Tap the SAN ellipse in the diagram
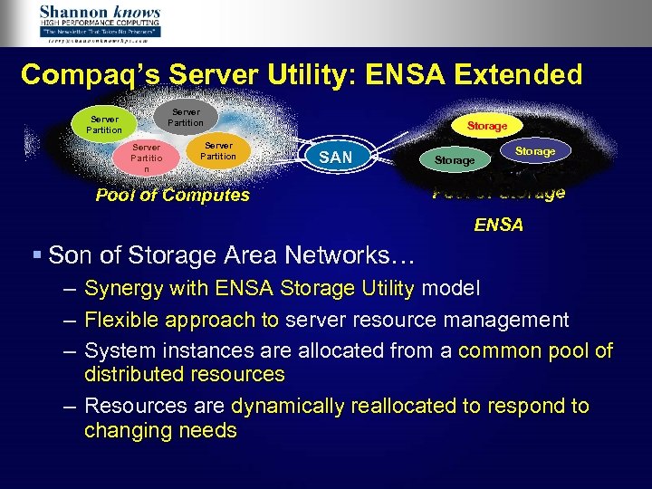pyautogui.click(x=336, y=158)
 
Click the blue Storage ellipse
pyautogui.click(x=535, y=151)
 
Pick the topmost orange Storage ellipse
pyautogui.click(x=487, y=126)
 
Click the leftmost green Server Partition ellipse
pyautogui.click(x=104, y=124)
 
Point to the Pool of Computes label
pyautogui.click(x=172, y=196)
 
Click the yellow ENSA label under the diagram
pyautogui.click(x=499, y=225)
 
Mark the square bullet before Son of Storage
pyautogui.click(x=36, y=255)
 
